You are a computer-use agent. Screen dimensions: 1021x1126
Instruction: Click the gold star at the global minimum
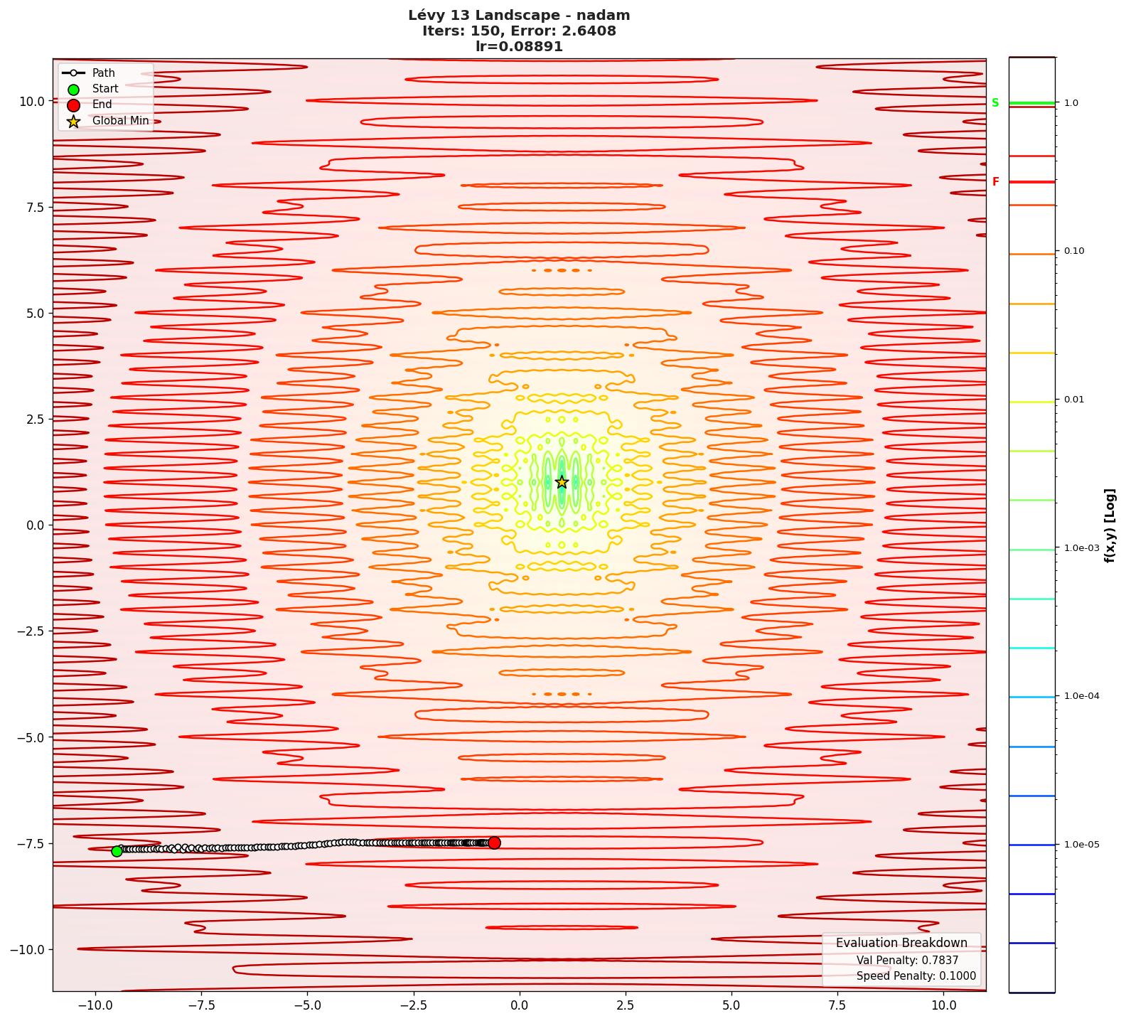(562, 482)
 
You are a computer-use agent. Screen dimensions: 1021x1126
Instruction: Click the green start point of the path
(117, 851)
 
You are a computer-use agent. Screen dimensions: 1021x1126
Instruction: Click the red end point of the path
(494, 843)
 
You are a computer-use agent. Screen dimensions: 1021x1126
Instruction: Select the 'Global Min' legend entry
(120, 121)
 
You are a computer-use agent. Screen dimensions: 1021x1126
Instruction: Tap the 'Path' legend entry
(103, 73)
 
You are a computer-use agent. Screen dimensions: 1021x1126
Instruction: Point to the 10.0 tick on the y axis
(32, 101)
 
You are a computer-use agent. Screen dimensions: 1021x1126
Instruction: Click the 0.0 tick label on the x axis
(519, 1005)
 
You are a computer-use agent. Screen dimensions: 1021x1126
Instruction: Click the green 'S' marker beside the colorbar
(995, 103)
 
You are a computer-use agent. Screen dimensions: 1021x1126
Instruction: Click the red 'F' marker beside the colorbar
(995, 182)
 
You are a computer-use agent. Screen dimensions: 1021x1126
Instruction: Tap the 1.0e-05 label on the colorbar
(1081, 845)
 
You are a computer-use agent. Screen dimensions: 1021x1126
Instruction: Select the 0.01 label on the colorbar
(1074, 400)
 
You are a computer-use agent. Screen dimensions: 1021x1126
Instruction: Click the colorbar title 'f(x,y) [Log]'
(1110, 525)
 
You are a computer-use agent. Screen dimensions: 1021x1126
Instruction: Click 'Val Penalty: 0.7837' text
(907, 961)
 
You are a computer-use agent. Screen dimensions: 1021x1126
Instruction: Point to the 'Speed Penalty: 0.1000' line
(916, 976)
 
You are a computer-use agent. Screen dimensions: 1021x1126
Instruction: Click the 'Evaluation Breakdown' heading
(901, 943)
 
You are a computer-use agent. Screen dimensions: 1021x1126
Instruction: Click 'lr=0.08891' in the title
(519, 47)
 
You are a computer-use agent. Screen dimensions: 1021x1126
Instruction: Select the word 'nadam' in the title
(604, 16)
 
